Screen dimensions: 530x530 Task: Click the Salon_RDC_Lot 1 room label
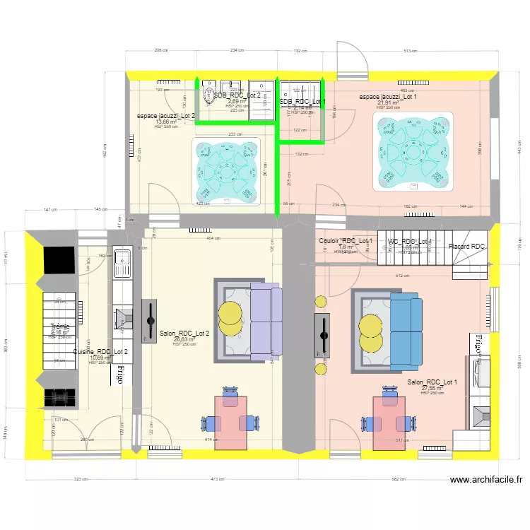point(432,382)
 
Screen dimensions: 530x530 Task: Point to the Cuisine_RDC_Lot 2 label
point(100,351)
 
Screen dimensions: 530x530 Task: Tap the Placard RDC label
point(467,247)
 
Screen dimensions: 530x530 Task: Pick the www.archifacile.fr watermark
point(487,479)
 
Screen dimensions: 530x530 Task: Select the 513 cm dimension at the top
point(409,51)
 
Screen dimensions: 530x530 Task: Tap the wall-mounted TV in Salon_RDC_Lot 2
point(150,321)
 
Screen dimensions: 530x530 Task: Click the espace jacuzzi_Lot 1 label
point(388,96)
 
